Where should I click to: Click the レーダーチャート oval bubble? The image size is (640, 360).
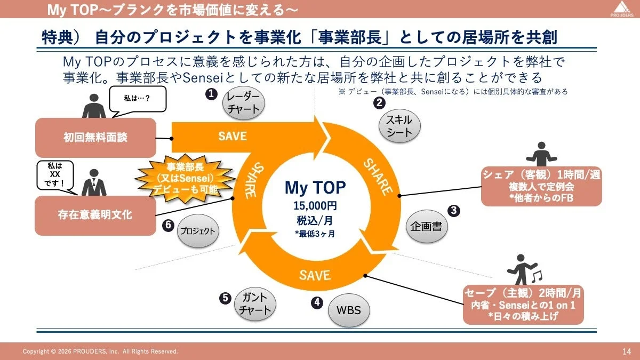pyautogui.click(x=243, y=102)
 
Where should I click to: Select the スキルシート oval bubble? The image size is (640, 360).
pyautogui.click(x=399, y=127)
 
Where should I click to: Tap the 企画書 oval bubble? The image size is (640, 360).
pyautogui.click(x=427, y=226)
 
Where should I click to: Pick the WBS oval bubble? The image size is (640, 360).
pyautogui.click(x=348, y=310)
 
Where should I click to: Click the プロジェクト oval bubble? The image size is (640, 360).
pyautogui.click(x=197, y=231)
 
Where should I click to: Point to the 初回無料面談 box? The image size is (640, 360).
pyautogui.click(x=95, y=138)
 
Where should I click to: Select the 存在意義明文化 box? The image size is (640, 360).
pyautogui.click(x=95, y=215)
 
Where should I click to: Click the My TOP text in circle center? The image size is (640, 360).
pyautogui.click(x=315, y=188)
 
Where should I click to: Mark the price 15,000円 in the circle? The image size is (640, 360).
pyautogui.click(x=315, y=206)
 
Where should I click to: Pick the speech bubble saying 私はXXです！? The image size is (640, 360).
pyautogui.click(x=55, y=175)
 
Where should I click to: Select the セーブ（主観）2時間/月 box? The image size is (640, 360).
pyautogui.click(x=523, y=305)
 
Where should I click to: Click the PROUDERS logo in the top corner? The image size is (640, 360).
pyautogui.click(x=619, y=9)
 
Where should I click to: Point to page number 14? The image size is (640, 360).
pyautogui.click(x=626, y=351)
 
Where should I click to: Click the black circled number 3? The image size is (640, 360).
pyautogui.click(x=453, y=210)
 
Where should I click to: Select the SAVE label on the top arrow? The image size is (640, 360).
pyautogui.click(x=233, y=136)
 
